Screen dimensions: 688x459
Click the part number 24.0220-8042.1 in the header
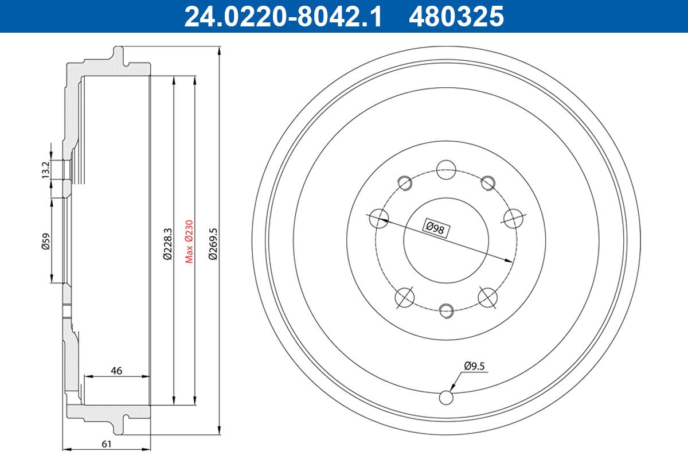283,17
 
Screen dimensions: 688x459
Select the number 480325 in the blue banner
456,17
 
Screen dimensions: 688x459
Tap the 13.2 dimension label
46,170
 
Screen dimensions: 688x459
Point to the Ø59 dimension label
46,242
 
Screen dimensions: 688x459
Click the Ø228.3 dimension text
168,244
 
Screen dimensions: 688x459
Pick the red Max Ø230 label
189,242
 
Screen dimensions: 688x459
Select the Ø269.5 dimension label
213,244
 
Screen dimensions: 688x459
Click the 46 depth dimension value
116,371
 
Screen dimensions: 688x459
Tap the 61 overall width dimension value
106,444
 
